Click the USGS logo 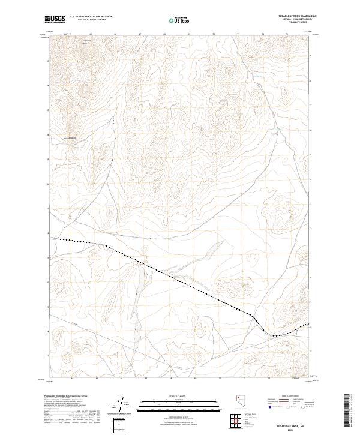[x=55, y=19]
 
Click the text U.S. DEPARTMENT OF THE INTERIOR [x=91, y=17]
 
